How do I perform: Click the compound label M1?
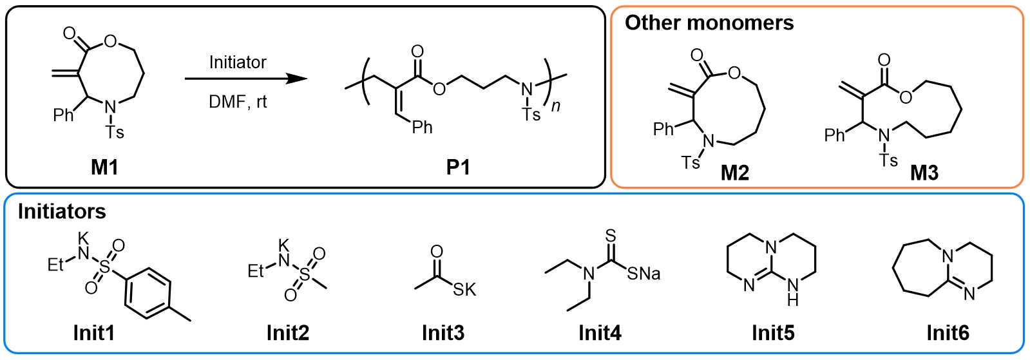click(x=104, y=167)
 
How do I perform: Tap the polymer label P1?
click(x=458, y=167)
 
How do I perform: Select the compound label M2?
click(x=735, y=173)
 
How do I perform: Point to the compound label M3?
click(x=924, y=173)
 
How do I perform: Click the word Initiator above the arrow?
click(x=238, y=62)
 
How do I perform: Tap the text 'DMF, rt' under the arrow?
click(x=238, y=102)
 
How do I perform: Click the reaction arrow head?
click(x=297, y=79)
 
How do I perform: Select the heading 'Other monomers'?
click(x=709, y=23)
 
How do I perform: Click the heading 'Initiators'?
click(x=62, y=211)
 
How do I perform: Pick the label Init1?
click(x=94, y=333)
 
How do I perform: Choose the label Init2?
click(x=288, y=333)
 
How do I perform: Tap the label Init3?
click(x=443, y=333)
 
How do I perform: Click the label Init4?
click(x=600, y=333)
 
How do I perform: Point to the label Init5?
click(x=773, y=333)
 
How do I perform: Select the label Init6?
click(x=948, y=333)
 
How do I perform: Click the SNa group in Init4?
click(x=644, y=274)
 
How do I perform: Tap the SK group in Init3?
click(x=464, y=290)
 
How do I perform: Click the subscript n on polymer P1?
click(x=555, y=106)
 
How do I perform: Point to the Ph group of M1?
click(x=64, y=115)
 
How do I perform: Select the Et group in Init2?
click(x=256, y=271)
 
